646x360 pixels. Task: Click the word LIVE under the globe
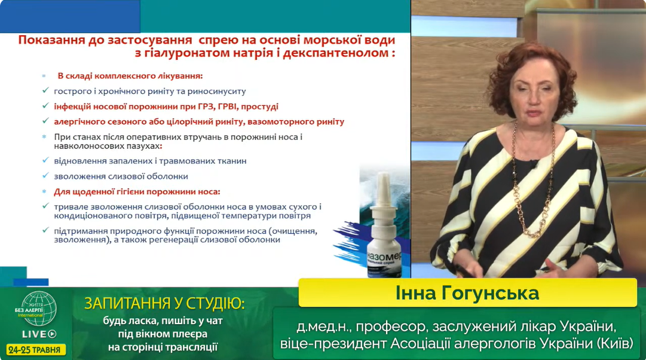[x=35, y=334]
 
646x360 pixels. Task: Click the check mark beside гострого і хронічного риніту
[x=46, y=90]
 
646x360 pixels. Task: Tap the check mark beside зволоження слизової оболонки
[x=46, y=176]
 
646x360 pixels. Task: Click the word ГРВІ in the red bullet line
[x=228, y=106]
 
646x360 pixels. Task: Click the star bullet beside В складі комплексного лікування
[x=44, y=76]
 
